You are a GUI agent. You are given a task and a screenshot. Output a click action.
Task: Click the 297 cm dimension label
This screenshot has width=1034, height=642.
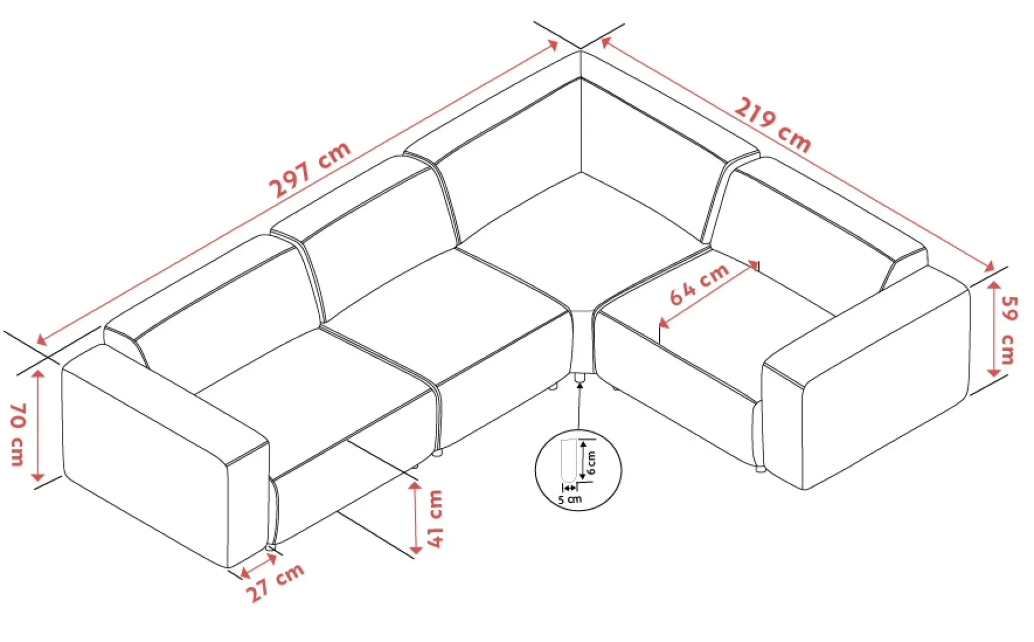click(310, 170)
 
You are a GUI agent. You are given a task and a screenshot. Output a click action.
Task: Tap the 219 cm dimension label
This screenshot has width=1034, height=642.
click(773, 125)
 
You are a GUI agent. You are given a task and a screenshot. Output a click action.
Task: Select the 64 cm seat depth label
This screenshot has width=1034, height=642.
click(699, 284)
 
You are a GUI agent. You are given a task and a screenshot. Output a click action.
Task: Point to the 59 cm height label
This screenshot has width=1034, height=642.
click(1009, 330)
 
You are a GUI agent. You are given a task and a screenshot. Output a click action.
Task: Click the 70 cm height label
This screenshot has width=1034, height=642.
click(18, 434)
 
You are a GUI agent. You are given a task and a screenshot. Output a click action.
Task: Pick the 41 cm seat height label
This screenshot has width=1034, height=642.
click(435, 519)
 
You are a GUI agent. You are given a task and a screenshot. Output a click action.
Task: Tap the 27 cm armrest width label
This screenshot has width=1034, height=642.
click(275, 582)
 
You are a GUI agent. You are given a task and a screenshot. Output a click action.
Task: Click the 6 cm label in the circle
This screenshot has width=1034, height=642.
click(591, 462)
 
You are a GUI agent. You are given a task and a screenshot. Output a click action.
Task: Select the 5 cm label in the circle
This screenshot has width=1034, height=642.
click(570, 500)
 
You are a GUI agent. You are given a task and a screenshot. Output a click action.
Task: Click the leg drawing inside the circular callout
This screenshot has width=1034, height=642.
click(567, 459)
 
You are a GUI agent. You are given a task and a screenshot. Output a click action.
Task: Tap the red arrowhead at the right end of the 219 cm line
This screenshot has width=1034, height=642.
click(989, 266)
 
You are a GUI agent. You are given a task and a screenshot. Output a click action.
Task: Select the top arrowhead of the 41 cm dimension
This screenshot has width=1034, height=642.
click(415, 486)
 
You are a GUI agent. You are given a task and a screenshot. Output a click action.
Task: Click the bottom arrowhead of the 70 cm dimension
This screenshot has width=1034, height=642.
click(37, 476)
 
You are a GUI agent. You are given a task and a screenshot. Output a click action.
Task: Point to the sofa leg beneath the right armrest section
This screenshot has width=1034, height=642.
click(760, 469)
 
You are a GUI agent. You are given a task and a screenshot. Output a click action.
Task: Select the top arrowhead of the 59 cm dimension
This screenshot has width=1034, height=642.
click(993, 287)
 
